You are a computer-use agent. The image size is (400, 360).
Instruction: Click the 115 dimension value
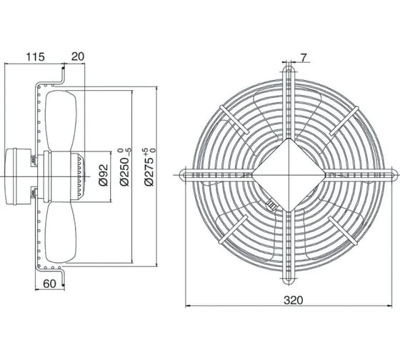pos(35,57)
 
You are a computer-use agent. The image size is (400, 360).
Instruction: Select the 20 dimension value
pos(78,56)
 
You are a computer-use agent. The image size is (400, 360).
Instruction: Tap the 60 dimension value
pos(49,284)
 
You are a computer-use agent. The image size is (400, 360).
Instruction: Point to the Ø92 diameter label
pos(104,175)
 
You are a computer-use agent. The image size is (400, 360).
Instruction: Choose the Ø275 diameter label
pos(149,166)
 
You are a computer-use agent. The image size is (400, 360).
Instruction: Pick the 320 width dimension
pos(294,300)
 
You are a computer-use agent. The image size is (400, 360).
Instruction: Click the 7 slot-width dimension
pos(303,58)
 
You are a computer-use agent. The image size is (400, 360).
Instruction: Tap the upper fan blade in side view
pos(61,121)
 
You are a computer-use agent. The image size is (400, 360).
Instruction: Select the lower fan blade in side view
pos(61,232)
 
